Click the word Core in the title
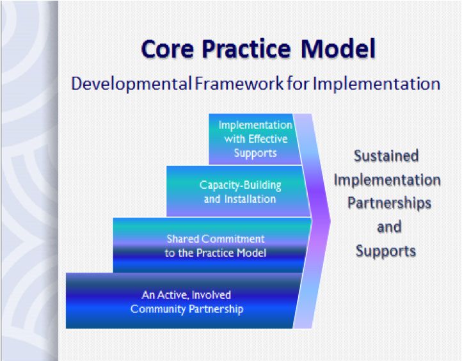(168, 49)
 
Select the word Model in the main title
(339, 49)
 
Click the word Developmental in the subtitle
(131, 84)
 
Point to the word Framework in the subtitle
(239, 83)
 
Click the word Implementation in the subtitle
(376, 84)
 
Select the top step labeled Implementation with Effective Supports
(255, 139)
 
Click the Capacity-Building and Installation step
(239, 191)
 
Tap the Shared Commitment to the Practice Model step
(212, 245)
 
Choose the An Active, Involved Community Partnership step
(183, 301)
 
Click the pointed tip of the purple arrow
(330, 221)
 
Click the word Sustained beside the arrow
(386, 156)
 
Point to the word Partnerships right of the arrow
(389, 203)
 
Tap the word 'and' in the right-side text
(389, 227)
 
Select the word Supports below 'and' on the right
(386, 252)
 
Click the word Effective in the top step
(268, 138)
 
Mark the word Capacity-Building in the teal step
(241, 186)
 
